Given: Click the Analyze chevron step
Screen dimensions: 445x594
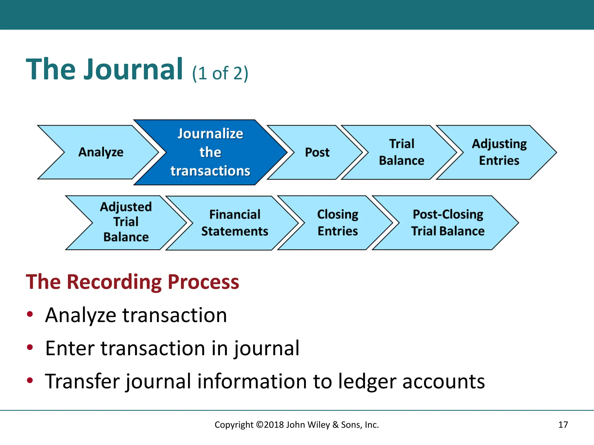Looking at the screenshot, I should [101, 152].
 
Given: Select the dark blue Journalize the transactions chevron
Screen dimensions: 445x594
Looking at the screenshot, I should [210, 152].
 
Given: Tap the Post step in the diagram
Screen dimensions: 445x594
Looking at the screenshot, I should [317, 152].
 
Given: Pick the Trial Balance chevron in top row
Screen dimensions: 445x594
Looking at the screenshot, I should [401, 152].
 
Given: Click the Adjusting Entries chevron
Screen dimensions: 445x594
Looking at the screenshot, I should [499, 152].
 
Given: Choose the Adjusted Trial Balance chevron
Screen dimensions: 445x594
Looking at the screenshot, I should [126, 222].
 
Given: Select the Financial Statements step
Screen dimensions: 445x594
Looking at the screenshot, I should [235, 223].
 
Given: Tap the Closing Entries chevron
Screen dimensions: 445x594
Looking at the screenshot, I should [338, 222].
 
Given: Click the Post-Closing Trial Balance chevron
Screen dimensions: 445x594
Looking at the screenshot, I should [448, 222].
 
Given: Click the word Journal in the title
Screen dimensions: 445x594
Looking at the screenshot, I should [133, 70].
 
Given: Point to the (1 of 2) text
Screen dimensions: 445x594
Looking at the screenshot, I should [220, 73].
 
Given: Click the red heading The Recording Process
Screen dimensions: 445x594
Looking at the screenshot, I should [132, 282].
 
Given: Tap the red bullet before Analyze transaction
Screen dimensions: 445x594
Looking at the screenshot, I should [30, 314].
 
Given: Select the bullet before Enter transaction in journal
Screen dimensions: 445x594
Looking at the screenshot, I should [30, 347].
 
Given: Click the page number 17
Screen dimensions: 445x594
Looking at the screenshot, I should [563, 425].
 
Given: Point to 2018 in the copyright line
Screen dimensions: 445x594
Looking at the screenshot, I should [274, 425].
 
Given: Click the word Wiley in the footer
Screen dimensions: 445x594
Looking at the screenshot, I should [318, 425].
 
